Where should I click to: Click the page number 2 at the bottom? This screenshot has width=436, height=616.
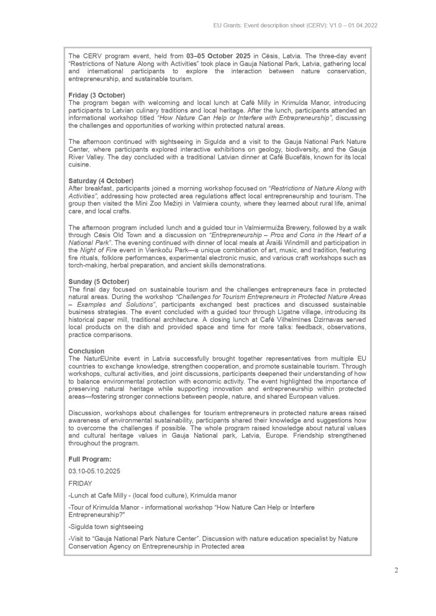pos(396,570)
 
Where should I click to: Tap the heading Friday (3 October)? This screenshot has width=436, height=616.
pos(97,95)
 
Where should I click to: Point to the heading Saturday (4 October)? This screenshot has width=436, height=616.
pos(101,181)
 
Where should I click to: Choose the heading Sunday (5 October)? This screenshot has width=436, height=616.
pos(99,282)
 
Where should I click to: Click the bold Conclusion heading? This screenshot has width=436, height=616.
pos(86,352)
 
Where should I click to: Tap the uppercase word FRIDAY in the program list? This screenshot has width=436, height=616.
pos(80,483)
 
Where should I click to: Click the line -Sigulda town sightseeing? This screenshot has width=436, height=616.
pos(106,527)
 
